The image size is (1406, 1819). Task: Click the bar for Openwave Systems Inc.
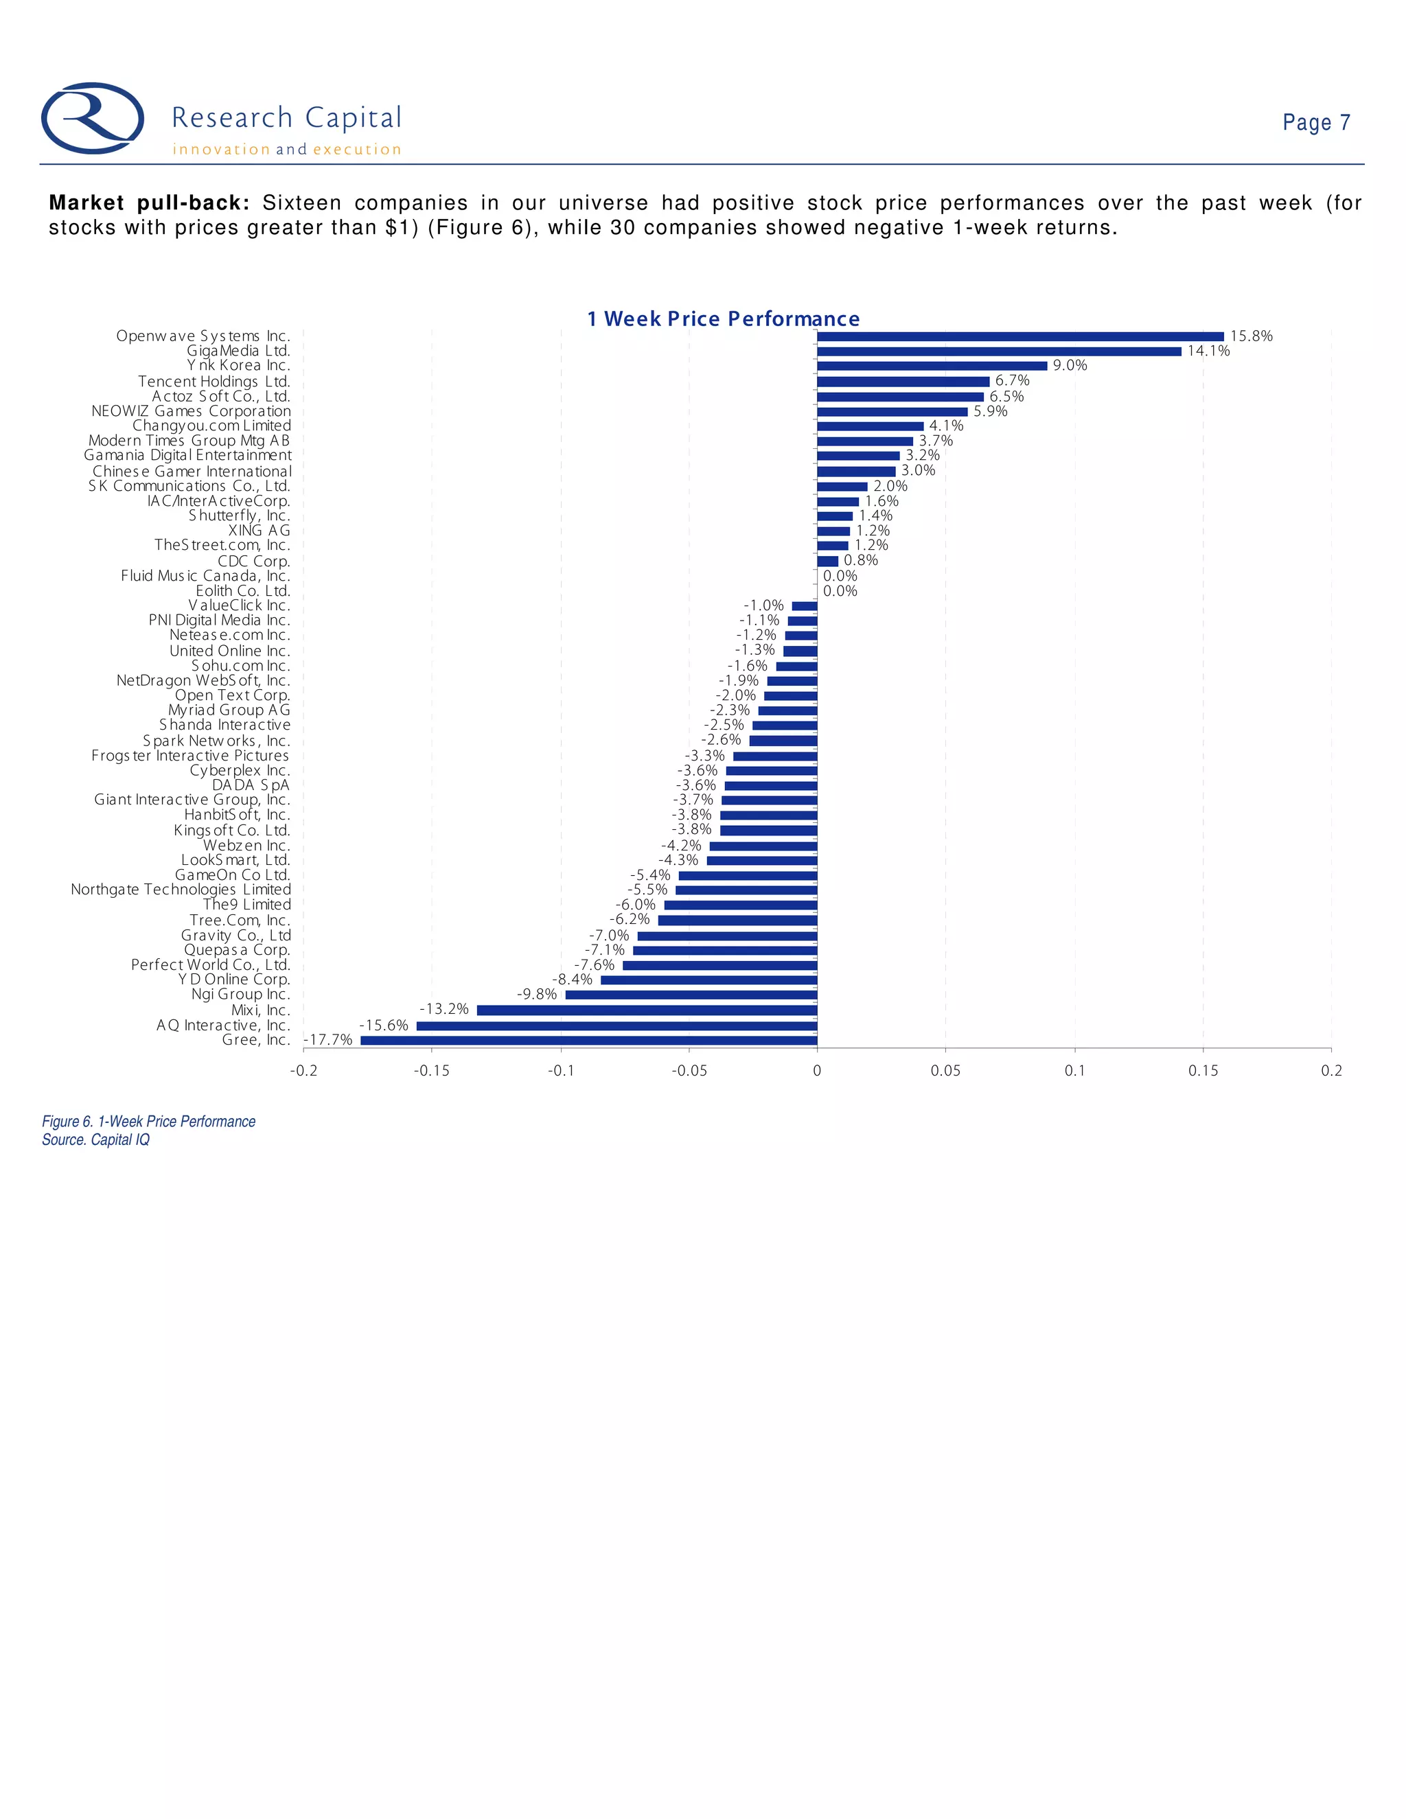[x=1020, y=336]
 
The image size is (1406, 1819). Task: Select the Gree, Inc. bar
[x=589, y=1040]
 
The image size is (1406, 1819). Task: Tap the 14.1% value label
[x=1208, y=351]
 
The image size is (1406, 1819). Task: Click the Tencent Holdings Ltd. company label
[x=214, y=382]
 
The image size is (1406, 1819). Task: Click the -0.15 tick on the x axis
[x=431, y=1071]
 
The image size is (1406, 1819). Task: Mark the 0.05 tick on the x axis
[x=945, y=1071]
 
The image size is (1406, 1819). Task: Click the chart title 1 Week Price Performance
[x=723, y=319]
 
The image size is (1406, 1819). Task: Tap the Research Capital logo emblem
[x=93, y=118]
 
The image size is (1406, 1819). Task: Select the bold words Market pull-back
[x=149, y=203]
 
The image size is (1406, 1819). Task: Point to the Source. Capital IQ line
[x=96, y=1140]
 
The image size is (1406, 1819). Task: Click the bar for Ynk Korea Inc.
[x=932, y=366]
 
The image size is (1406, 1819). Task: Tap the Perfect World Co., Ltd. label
[x=211, y=965]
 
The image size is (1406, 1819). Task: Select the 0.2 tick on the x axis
[x=1331, y=1071]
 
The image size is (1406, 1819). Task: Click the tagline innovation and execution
[x=286, y=150]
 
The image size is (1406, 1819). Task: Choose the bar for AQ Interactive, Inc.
[x=616, y=1026]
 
